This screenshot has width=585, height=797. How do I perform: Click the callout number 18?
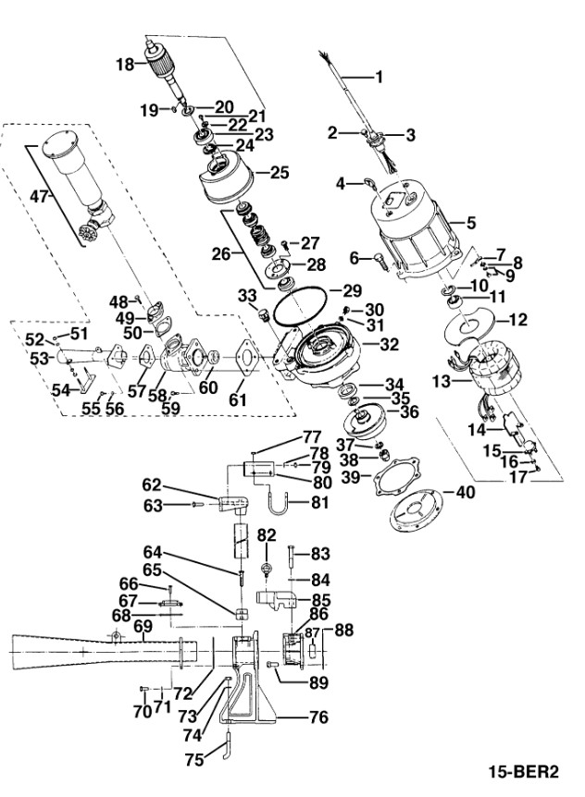click(125, 65)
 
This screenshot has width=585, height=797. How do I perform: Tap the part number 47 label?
click(40, 197)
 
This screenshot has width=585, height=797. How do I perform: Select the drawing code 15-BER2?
click(524, 772)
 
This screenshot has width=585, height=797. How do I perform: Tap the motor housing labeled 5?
click(417, 230)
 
